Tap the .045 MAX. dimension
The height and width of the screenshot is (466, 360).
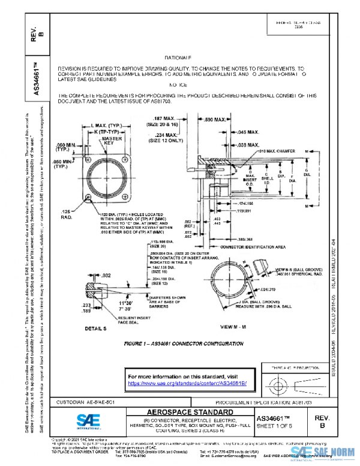[247, 131]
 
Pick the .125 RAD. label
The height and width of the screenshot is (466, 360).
[66, 214]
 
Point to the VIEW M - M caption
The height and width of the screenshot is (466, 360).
[235, 326]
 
